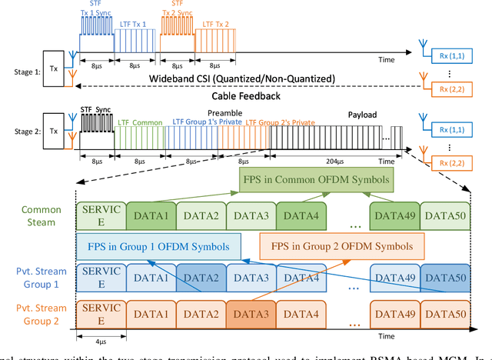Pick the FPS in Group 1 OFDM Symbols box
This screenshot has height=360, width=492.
coord(158,246)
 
